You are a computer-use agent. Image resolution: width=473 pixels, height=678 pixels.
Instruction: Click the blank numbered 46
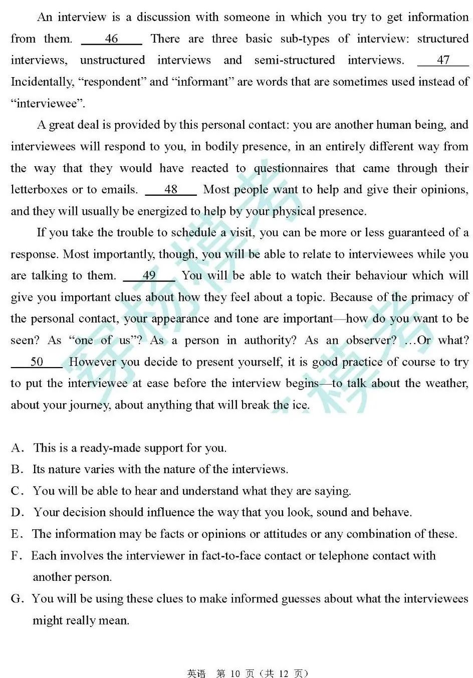coord(112,39)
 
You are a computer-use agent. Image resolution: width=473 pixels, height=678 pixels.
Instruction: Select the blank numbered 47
coord(443,60)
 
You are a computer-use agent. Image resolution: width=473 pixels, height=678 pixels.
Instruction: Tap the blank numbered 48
coord(171,189)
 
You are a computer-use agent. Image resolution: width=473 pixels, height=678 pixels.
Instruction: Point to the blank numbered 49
coord(149,275)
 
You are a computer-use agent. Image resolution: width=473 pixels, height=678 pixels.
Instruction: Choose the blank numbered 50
coord(37,362)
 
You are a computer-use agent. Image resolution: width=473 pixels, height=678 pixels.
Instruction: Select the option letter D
coord(17,512)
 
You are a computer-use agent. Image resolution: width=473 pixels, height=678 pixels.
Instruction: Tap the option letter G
coord(17,598)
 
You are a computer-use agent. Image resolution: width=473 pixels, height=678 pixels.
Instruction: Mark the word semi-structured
coord(294,60)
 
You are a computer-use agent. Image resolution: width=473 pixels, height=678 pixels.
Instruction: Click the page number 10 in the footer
coord(235,673)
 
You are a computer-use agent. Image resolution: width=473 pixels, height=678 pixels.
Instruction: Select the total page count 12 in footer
coord(284,673)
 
